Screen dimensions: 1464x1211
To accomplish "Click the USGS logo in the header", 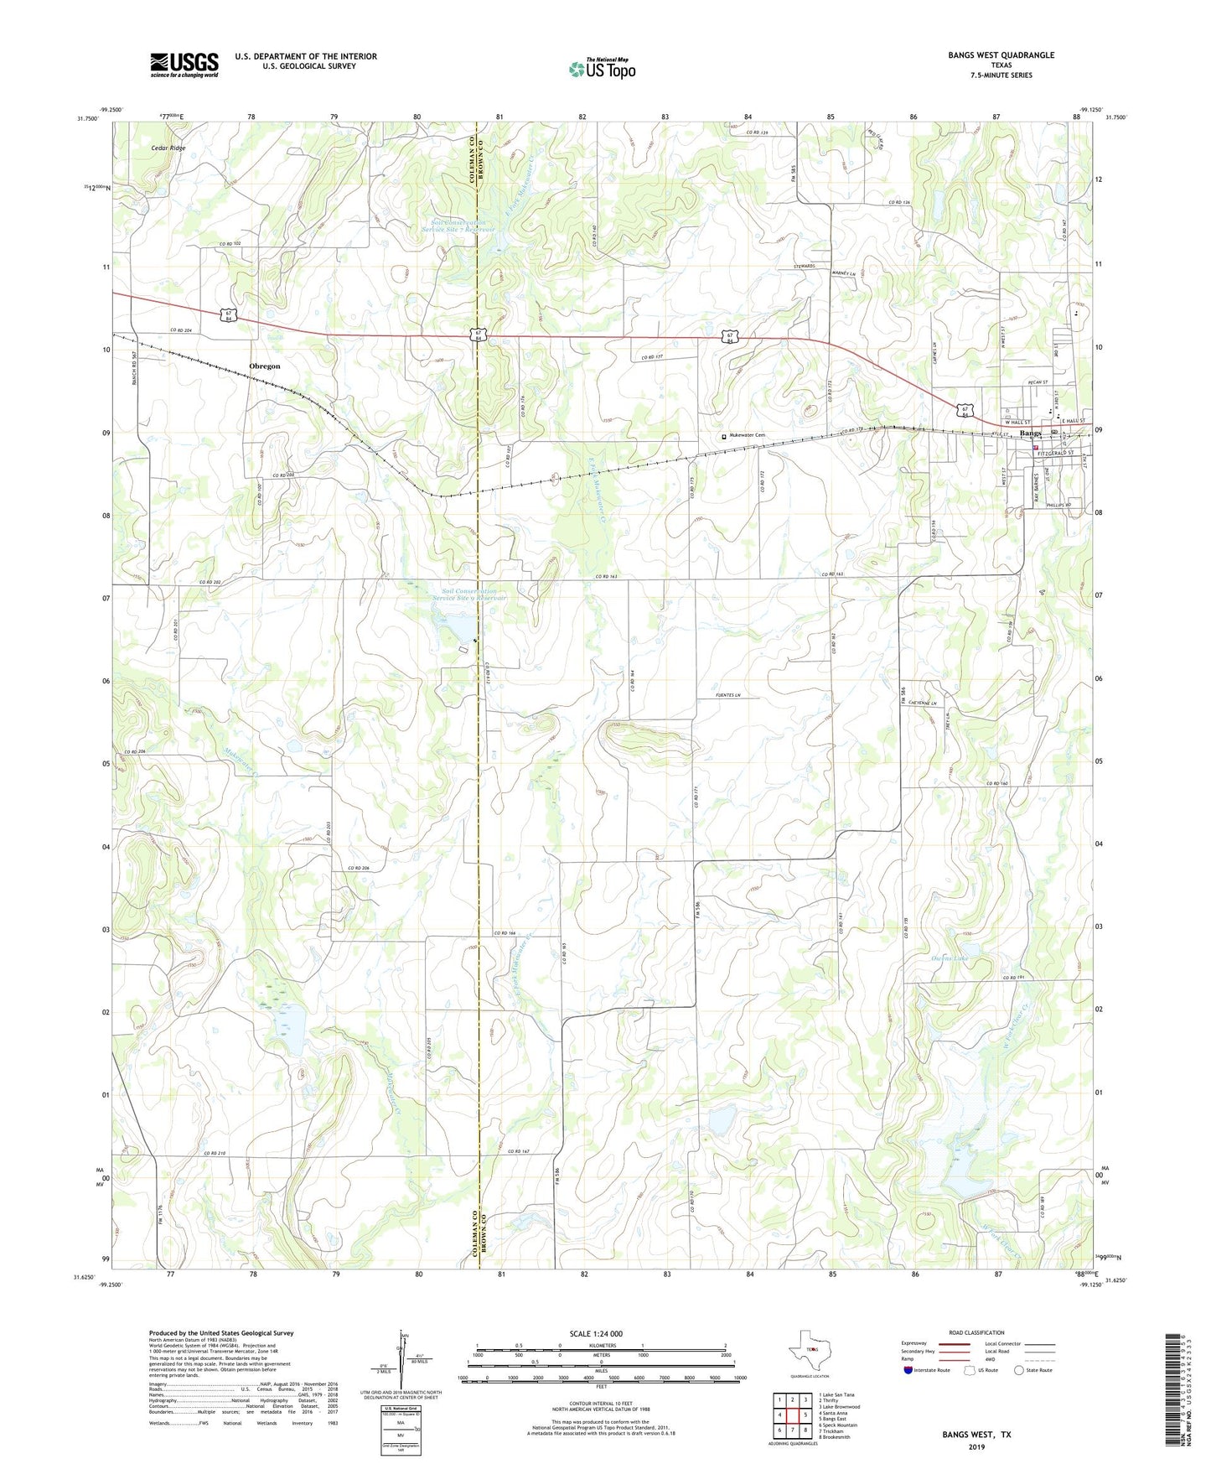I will [x=184, y=64].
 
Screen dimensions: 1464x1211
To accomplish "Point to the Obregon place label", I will [x=265, y=366].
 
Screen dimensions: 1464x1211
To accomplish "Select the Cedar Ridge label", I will [x=168, y=148].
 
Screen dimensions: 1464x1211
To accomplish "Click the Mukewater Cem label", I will [x=748, y=435].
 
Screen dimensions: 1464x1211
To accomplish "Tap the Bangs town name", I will [x=1031, y=433].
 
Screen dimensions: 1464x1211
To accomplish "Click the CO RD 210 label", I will [x=214, y=1154].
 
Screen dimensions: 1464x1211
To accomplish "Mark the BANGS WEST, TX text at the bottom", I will [x=976, y=1435].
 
